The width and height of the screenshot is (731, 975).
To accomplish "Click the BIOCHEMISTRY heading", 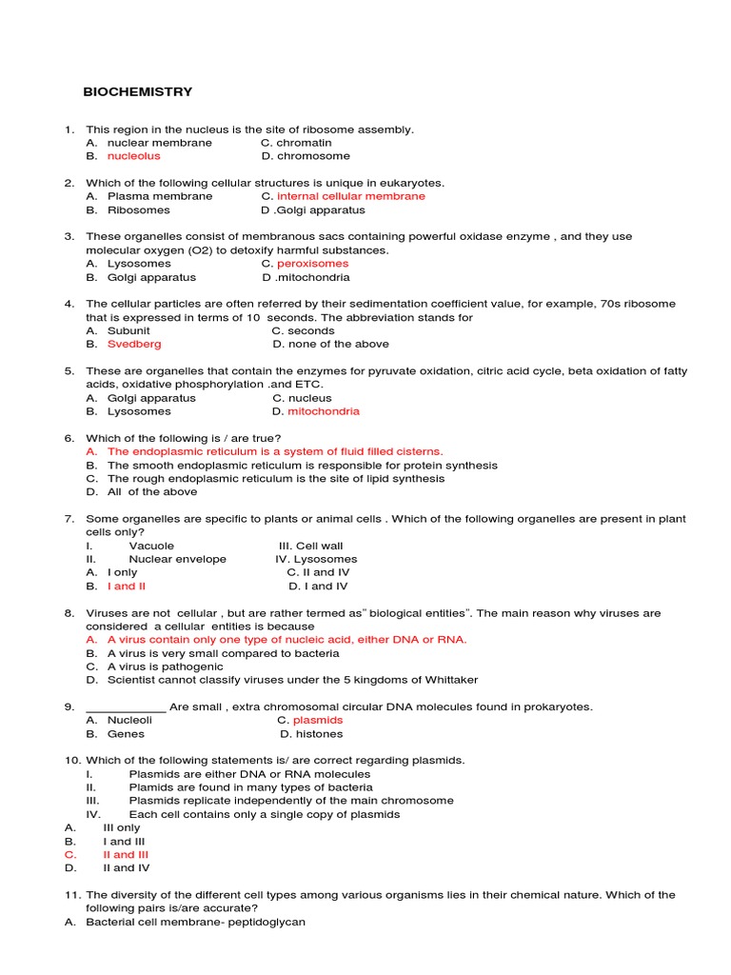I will pos(139,92).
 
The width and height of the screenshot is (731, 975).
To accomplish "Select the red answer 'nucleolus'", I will pos(133,156).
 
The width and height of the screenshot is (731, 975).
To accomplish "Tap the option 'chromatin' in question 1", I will pos(304,143).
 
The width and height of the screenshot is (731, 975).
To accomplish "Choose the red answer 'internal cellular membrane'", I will pos(350,196).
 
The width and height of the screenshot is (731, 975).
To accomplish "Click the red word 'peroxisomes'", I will pos(312,264).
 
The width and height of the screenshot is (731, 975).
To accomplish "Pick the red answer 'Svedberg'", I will pos(134,345).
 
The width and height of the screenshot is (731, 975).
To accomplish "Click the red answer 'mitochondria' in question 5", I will pos(324,412).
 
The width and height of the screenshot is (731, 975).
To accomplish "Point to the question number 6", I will pos(69,439).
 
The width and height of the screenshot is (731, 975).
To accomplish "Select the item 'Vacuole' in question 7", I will pos(151,547).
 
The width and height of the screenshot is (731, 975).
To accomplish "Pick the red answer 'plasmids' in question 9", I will pos(317,721).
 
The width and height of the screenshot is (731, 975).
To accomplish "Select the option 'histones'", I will pos(318,734).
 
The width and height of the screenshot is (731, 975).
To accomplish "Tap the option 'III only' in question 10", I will pos(121,828).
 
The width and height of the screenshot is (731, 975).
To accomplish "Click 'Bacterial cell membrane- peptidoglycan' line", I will pos(195,923).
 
